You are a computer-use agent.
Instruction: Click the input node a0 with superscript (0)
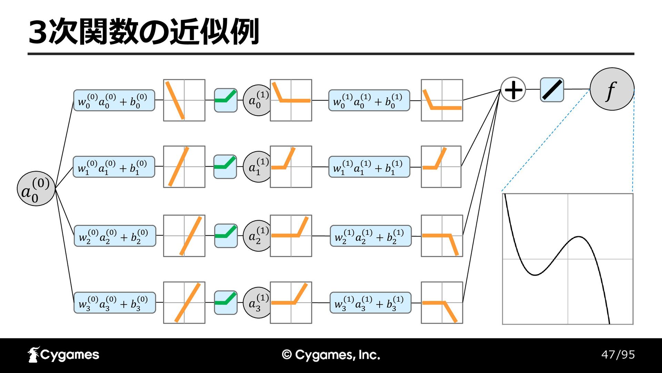[x=36, y=189]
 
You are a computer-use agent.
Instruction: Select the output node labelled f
[x=612, y=89]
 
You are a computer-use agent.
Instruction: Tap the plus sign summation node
[x=513, y=89]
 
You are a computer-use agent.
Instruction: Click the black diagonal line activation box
[x=552, y=90]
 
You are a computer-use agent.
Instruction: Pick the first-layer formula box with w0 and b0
[x=114, y=101]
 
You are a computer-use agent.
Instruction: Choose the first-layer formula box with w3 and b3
[x=114, y=303]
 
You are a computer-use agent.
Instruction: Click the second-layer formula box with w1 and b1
[x=369, y=167]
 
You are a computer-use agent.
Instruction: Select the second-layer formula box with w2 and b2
[x=371, y=236]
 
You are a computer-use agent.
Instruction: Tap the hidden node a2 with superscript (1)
[x=257, y=236]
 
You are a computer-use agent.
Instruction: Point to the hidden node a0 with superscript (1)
[x=257, y=100]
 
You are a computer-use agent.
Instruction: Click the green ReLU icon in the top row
[x=226, y=100]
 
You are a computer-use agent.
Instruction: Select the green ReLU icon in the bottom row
[x=226, y=303]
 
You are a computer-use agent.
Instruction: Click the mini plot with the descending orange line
[x=184, y=100]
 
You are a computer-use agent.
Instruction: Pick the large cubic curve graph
[x=568, y=259]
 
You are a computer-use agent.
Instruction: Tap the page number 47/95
[x=618, y=355]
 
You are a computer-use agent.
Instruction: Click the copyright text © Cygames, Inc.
[x=331, y=355]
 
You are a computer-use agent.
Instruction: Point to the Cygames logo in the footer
[x=63, y=355]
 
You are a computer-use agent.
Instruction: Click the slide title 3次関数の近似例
[x=144, y=32]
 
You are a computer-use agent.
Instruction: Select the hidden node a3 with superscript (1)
[x=257, y=303]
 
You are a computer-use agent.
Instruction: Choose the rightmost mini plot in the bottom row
[x=442, y=303]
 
